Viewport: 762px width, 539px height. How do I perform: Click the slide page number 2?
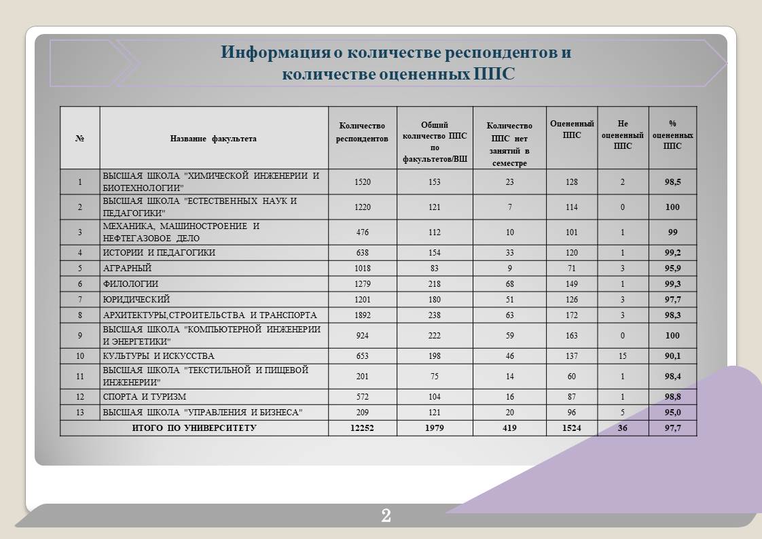tap(386, 516)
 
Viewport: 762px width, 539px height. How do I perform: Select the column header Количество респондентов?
tap(362, 133)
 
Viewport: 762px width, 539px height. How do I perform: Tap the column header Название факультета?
tap(213, 139)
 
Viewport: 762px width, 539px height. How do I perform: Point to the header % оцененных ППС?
tap(672, 134)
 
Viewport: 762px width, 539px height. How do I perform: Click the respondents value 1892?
tap(363, 315)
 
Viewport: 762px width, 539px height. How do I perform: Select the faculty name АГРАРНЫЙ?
tap(127, 268)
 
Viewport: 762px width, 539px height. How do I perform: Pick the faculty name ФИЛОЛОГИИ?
tap(130, 284)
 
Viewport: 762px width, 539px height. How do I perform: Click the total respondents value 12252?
tap(363, 428)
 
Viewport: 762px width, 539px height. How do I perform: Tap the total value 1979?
tap(435, 428)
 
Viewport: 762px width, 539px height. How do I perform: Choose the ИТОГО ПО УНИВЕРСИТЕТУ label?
tap(194, 428)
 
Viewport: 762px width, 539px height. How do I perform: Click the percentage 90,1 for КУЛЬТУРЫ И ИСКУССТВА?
tap(672, 356)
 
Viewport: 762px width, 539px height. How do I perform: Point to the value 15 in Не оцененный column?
tap(623, 356)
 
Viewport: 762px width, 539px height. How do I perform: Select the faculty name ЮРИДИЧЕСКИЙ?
tap(137, 300)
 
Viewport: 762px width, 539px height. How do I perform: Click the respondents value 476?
tap(363, 232)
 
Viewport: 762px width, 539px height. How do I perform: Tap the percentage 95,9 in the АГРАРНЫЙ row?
tap(672, 268)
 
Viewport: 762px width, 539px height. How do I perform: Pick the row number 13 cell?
tap(79, 413)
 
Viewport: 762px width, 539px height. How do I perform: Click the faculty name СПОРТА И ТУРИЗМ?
tap(145, 397)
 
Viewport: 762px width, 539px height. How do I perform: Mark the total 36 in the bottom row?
tap(623, 428)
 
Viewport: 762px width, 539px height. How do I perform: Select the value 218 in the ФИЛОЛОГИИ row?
tap(435, 284)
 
